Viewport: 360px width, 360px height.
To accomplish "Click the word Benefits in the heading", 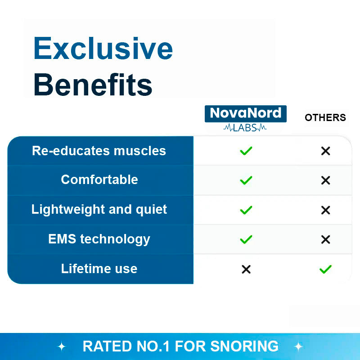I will [x=93, y=84].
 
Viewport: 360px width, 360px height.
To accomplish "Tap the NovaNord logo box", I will [x=245, y=113].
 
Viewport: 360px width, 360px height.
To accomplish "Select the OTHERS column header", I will [x=325, y=118].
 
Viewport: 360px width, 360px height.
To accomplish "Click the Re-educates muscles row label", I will [x=99, y=151].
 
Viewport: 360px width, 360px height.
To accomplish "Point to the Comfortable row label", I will [x=99, y=180].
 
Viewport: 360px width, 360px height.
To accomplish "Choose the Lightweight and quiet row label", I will [x=99, y=209].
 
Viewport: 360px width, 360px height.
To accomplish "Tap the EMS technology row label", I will [x=99, y=239].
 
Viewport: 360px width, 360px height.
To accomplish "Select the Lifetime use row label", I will [x=99, y=269].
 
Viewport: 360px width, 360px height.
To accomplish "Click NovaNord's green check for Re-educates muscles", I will [x=246, y=151].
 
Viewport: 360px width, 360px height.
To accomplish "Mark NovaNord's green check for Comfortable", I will [x=246, y=180].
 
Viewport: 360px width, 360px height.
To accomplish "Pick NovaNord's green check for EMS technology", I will [x=246, y=239].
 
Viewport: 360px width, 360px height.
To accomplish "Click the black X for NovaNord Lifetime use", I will [x=246, y=270].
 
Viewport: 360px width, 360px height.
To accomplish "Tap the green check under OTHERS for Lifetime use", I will [x=325, y=270].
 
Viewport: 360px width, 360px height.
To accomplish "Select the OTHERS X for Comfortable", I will [x=325, y=180].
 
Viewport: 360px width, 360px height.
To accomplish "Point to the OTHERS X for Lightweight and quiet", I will [x=325, y=210].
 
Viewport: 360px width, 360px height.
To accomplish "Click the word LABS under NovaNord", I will [x=245, y=128].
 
